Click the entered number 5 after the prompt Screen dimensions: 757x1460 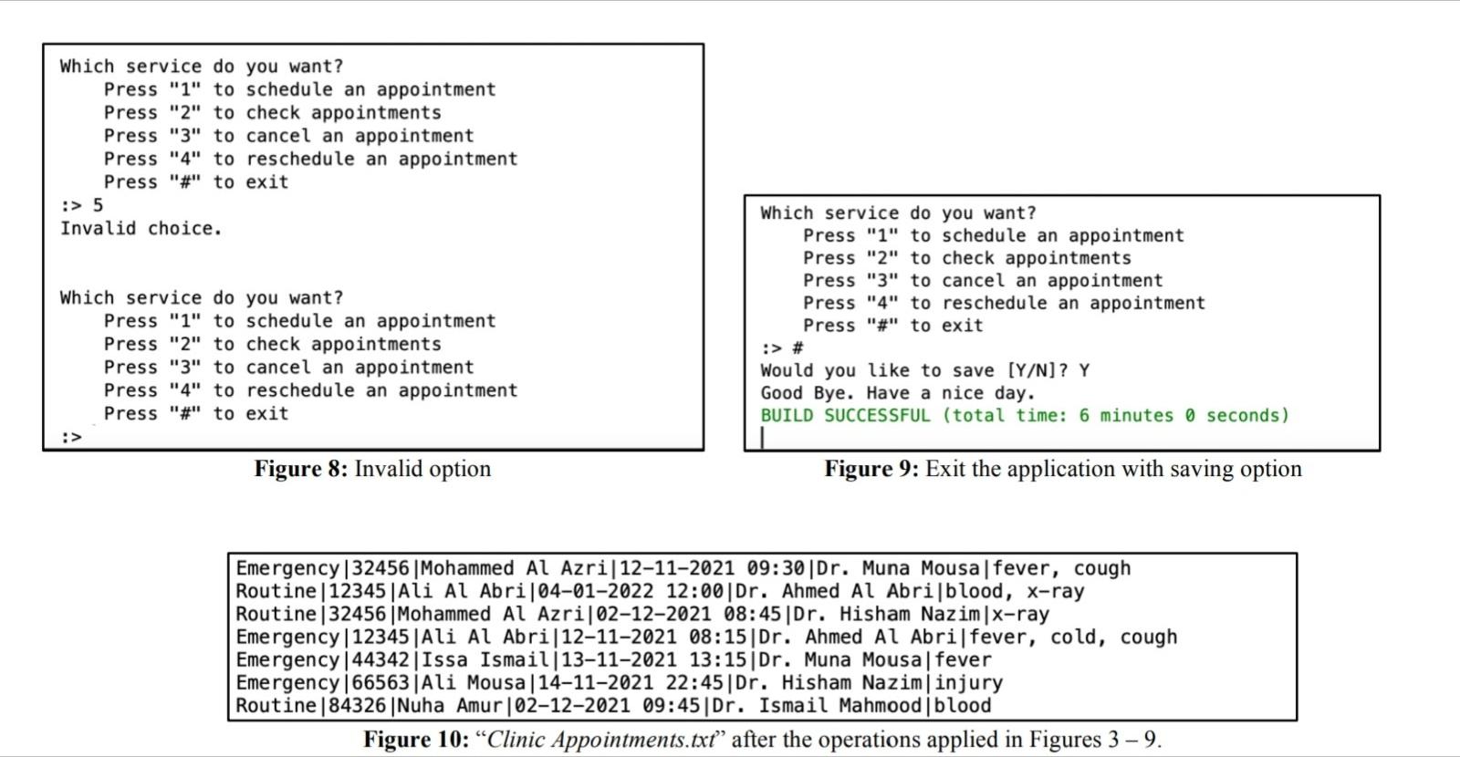click(x=98, y=205)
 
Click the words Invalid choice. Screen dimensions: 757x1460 click(x=141, y=228)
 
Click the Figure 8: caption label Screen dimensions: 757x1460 click(x=300, y=469)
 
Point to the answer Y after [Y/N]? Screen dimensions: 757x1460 click(x=1083, y=370)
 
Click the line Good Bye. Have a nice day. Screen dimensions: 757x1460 click(x=898, y=393)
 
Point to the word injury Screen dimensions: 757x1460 click(x=968, y=682)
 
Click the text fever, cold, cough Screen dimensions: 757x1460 click(x=1073, y=637)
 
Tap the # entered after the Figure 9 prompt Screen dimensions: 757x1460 click(x=798, y=348)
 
